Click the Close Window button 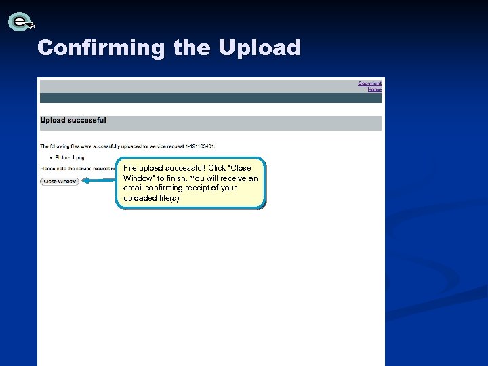(x=60, y=181)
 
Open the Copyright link (x=369, y=83)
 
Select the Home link (x=374, y=89)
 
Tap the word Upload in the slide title (x=259, y=48)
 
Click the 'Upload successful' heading (x=73, y=121)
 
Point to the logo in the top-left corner (x=21, y=22)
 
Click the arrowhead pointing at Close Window (x=85, y=181)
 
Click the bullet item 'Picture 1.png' (x=69, y=157)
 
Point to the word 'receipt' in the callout (x=205, y=188)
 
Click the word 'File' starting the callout (x=130, y=168)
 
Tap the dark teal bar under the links (x=210, y=98)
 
